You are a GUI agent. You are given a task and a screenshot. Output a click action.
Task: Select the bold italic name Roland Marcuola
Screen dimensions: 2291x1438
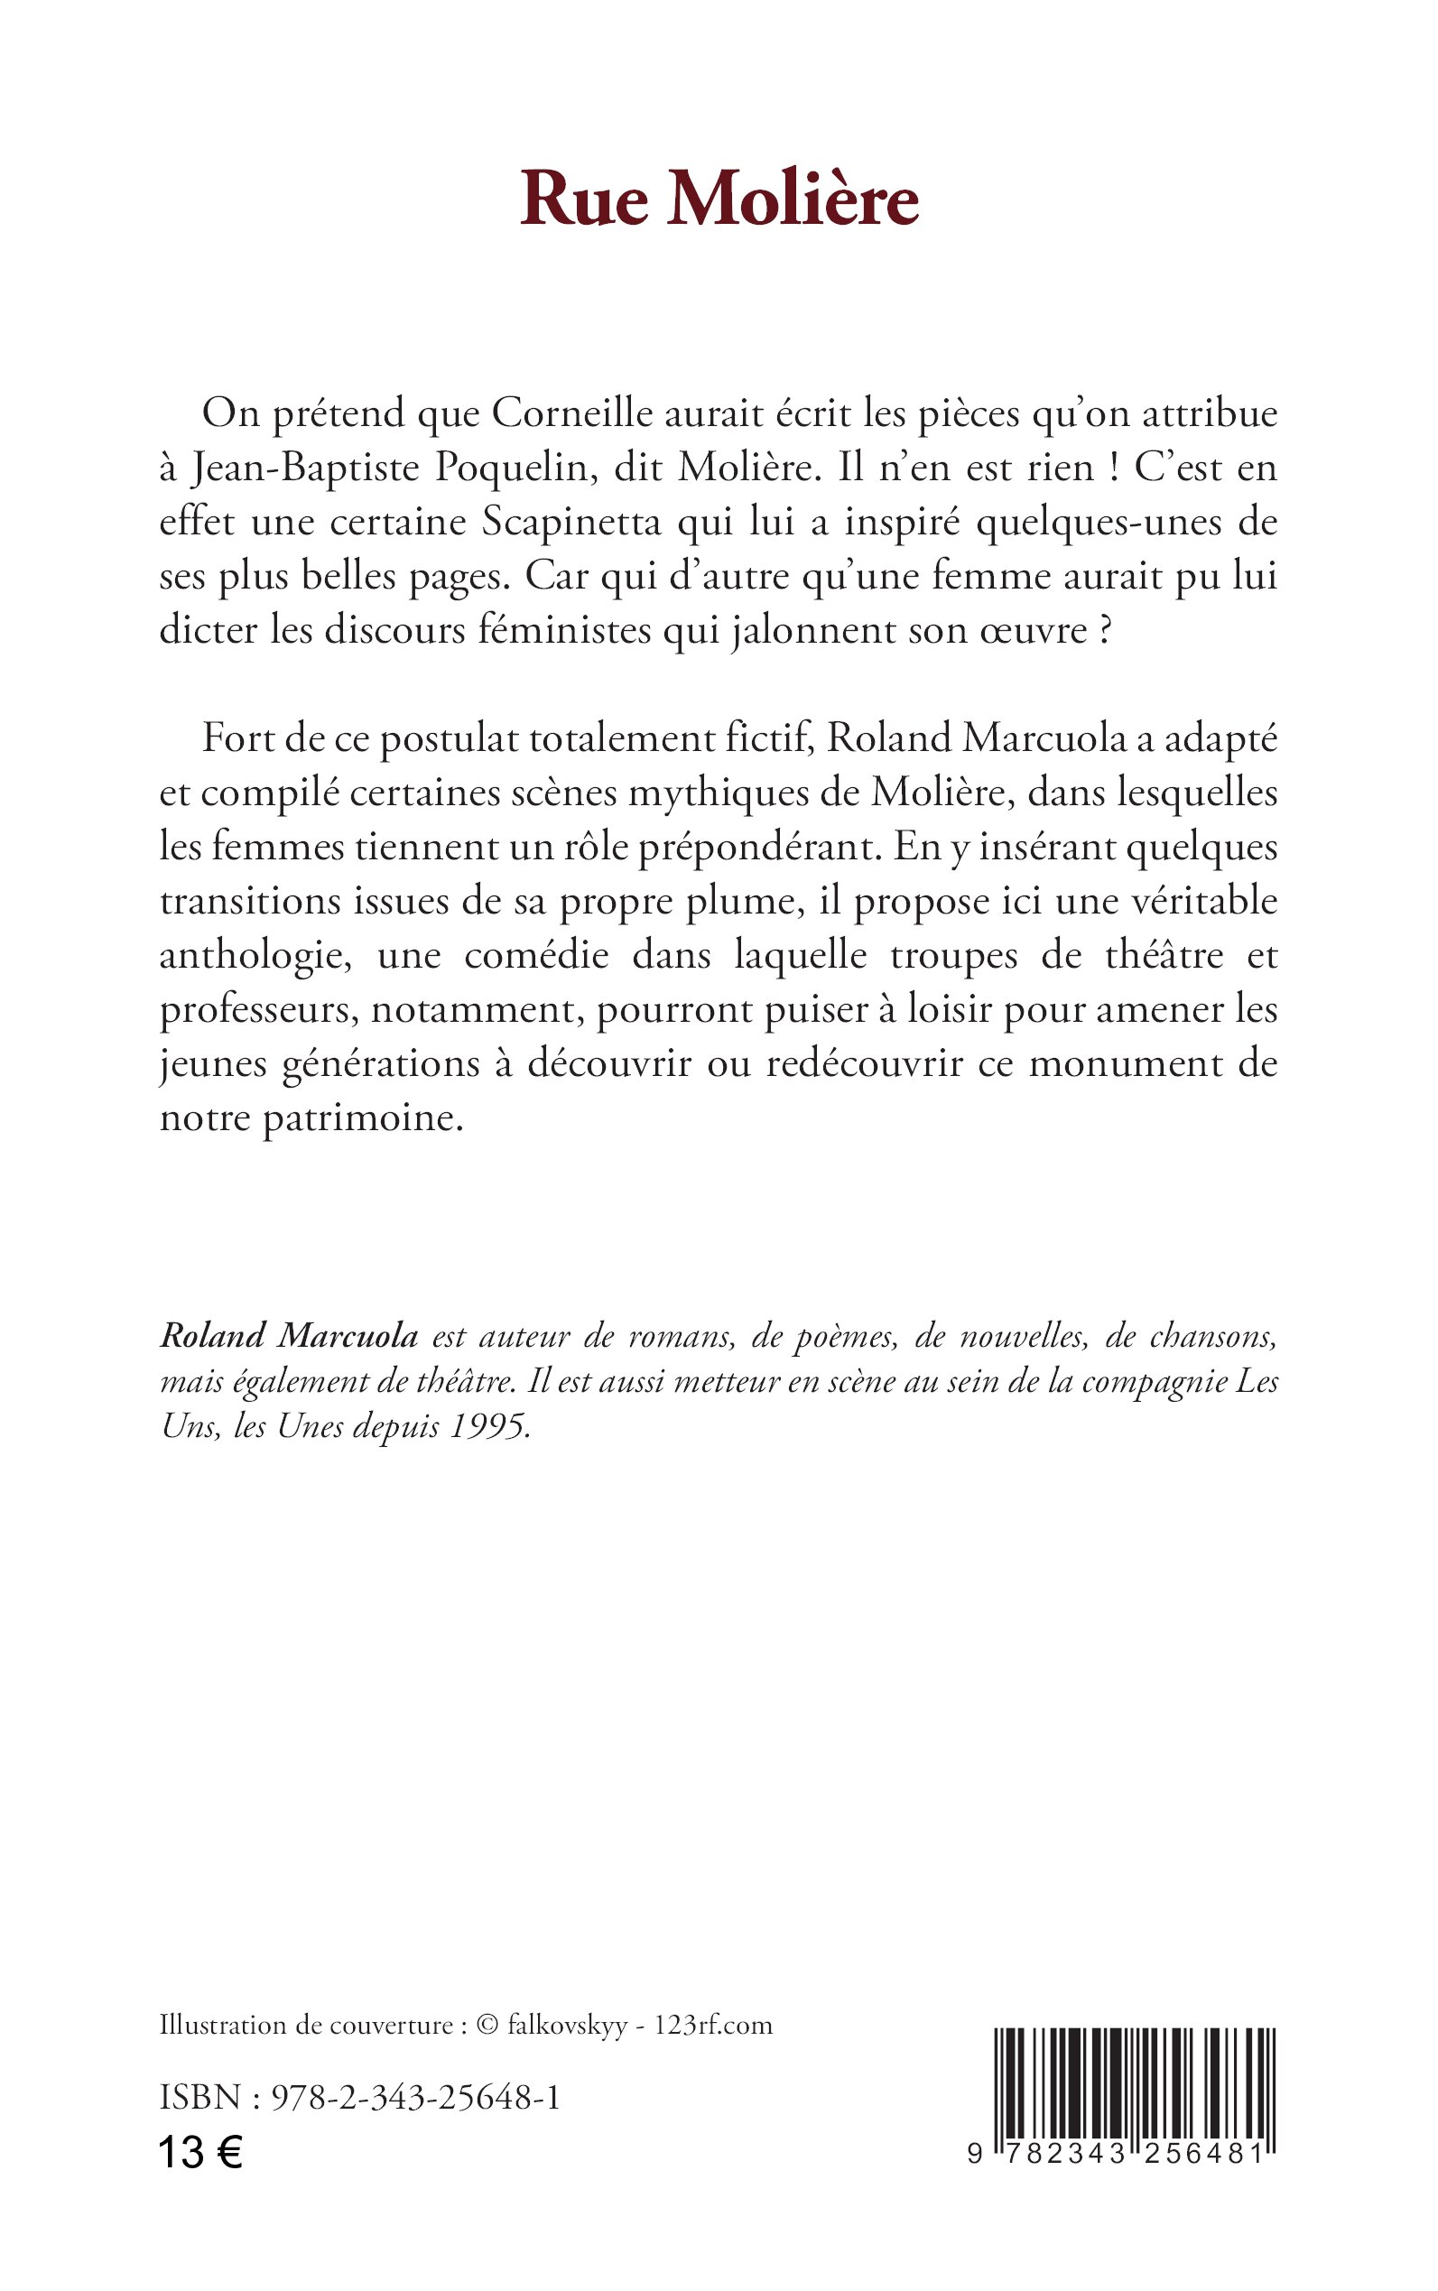click(x=289, y=1336)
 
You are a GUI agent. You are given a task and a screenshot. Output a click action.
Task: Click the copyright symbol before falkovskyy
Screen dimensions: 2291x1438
click(x=487, y=2026)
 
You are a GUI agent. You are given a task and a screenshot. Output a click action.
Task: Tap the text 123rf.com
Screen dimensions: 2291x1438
click(x=713, y=2026)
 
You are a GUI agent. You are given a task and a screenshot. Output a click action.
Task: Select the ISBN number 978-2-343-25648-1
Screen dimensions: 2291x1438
click(x=415, y=2097)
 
